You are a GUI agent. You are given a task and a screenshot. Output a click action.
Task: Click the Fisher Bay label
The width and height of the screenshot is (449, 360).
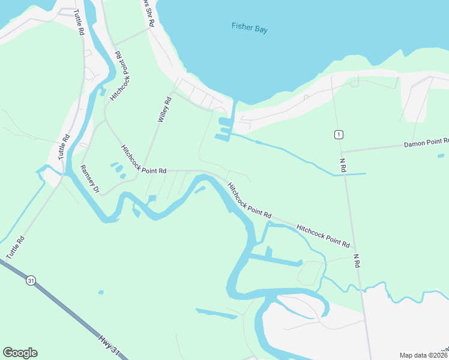click(249, 26)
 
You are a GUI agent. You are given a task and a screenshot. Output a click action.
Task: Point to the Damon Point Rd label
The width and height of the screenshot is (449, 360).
click(426, 143)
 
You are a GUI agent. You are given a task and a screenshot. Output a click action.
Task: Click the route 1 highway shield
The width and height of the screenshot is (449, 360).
click(339, 134)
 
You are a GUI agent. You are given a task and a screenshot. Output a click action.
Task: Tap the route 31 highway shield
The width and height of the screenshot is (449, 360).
click(31, 280)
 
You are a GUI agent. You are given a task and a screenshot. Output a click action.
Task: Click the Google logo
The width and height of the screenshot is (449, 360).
click(20, 353)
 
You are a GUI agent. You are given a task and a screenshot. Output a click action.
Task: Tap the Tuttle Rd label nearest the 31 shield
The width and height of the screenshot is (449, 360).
click(16, 247)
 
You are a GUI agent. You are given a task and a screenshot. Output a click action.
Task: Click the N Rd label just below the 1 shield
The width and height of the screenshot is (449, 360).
click(343, 164)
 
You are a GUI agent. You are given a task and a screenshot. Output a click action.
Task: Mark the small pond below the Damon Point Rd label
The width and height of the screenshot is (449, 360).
click(441, 155)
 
